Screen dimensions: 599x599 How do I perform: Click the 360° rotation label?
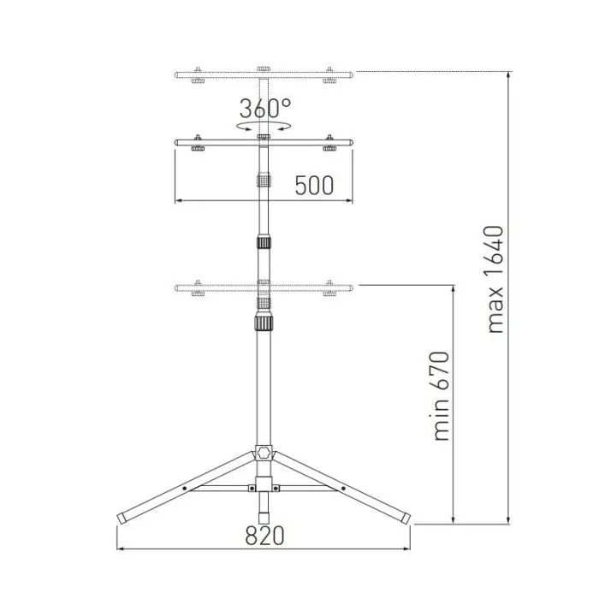pyautogui.click(x=264, y=109)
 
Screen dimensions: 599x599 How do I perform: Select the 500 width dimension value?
pyautogui.click(x=314, y=185)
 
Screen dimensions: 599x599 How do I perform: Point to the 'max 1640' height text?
pyautogui.click(x=494, y=280)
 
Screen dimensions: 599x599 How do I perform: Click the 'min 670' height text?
pyautogui.click(x=441, y=395)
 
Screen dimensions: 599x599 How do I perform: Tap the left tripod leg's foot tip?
pyautogui.click(x=122, y=519)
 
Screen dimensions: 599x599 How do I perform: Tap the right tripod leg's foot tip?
pyautogui.click(x=405, y=519)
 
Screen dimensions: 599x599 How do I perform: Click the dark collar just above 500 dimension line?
pyautogui.click(x=264, y=181)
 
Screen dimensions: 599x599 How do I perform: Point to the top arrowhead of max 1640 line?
pyautogui.click(x=510, y=75)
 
